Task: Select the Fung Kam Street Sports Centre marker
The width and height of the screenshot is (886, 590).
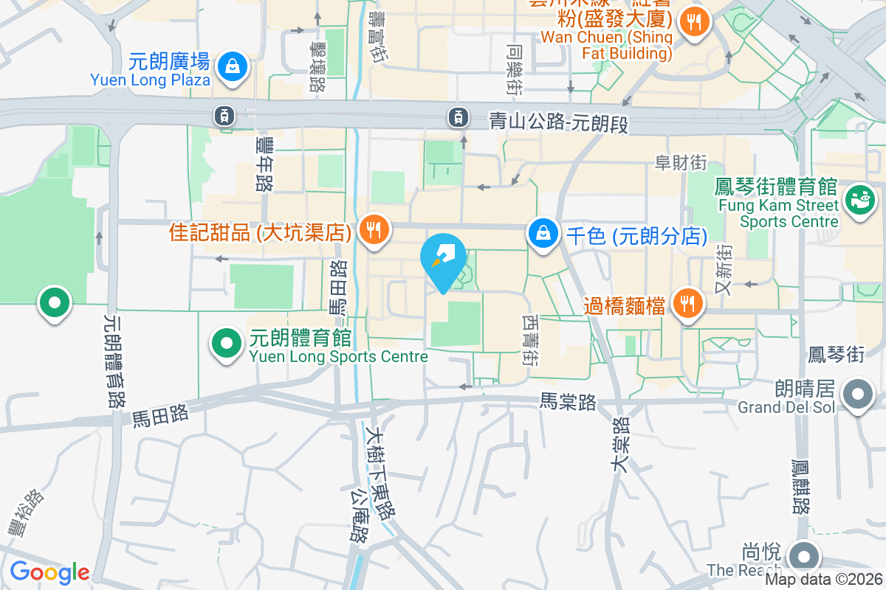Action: tap(859, 199)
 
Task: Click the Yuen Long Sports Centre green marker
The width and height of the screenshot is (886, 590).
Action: tap(227, 342)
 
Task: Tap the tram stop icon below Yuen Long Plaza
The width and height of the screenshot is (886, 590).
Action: tap(224, 115)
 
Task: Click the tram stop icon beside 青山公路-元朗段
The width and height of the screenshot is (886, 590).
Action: tap(459, 116)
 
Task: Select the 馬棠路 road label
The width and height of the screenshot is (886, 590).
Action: tap(568, 401)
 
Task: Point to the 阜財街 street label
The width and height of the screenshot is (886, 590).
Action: tap(681, 162)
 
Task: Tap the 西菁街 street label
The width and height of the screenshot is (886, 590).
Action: tap(530, 341)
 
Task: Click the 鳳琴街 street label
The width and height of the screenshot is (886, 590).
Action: tap(846, 355)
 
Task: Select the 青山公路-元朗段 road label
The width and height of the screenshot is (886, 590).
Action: tap(558, 122)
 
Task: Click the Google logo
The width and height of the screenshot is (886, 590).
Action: tap(49, 572)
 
